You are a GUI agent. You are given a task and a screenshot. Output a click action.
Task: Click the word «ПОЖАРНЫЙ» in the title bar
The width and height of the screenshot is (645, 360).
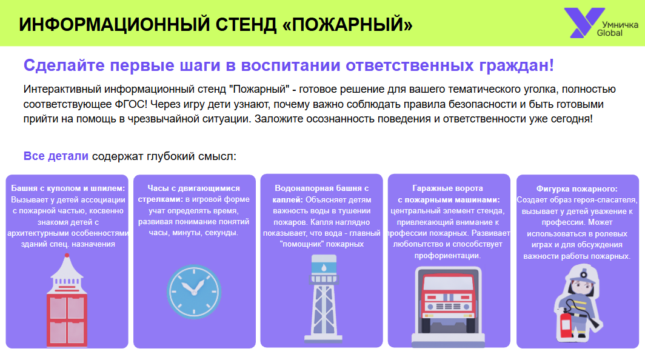(347, 24)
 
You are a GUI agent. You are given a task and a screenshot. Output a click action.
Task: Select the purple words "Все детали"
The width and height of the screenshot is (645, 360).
(56, 156)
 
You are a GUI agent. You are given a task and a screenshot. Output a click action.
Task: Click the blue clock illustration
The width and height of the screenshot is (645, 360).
(194, 292)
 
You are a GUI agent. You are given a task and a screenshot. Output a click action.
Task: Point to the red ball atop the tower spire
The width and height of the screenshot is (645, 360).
(67, 256)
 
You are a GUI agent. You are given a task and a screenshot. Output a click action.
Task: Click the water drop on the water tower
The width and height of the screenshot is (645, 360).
(324, 268)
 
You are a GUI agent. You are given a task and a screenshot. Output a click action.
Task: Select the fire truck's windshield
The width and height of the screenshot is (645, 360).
(449, 284)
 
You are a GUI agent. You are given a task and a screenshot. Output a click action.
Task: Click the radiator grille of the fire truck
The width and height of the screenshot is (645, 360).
(449, 307)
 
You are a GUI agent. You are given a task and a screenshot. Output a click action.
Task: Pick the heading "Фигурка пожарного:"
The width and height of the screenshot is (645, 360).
(576, 189)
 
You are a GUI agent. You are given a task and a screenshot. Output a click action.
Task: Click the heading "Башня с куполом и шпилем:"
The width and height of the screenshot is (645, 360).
(68, 188)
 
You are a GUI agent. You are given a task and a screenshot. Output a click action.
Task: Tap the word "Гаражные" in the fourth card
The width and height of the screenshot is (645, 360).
(430, 188)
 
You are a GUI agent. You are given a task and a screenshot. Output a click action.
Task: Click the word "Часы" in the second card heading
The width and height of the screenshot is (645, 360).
(157, 188)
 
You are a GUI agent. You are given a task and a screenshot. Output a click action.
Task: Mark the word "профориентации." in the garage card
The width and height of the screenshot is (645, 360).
(447, 256)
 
